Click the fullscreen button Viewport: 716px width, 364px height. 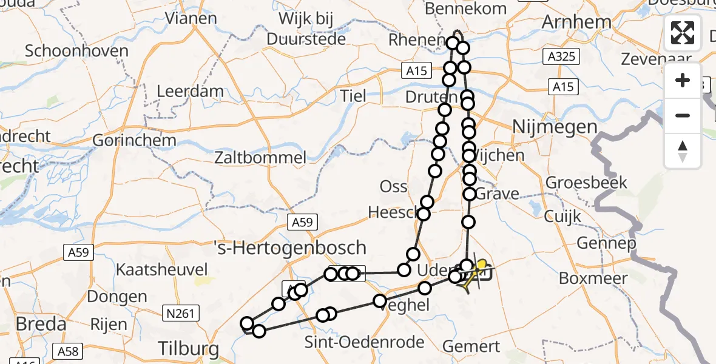[x=683, y=33]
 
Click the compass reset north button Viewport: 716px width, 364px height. [x=683, y=150]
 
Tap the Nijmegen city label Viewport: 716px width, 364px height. [x=555, y=127]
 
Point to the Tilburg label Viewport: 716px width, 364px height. [x=188, y=348]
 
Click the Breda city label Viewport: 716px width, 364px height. [x=41, y=324]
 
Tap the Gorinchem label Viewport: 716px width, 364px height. [x=134, y=141]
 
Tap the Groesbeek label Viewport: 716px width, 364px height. [x=586, y=182]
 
